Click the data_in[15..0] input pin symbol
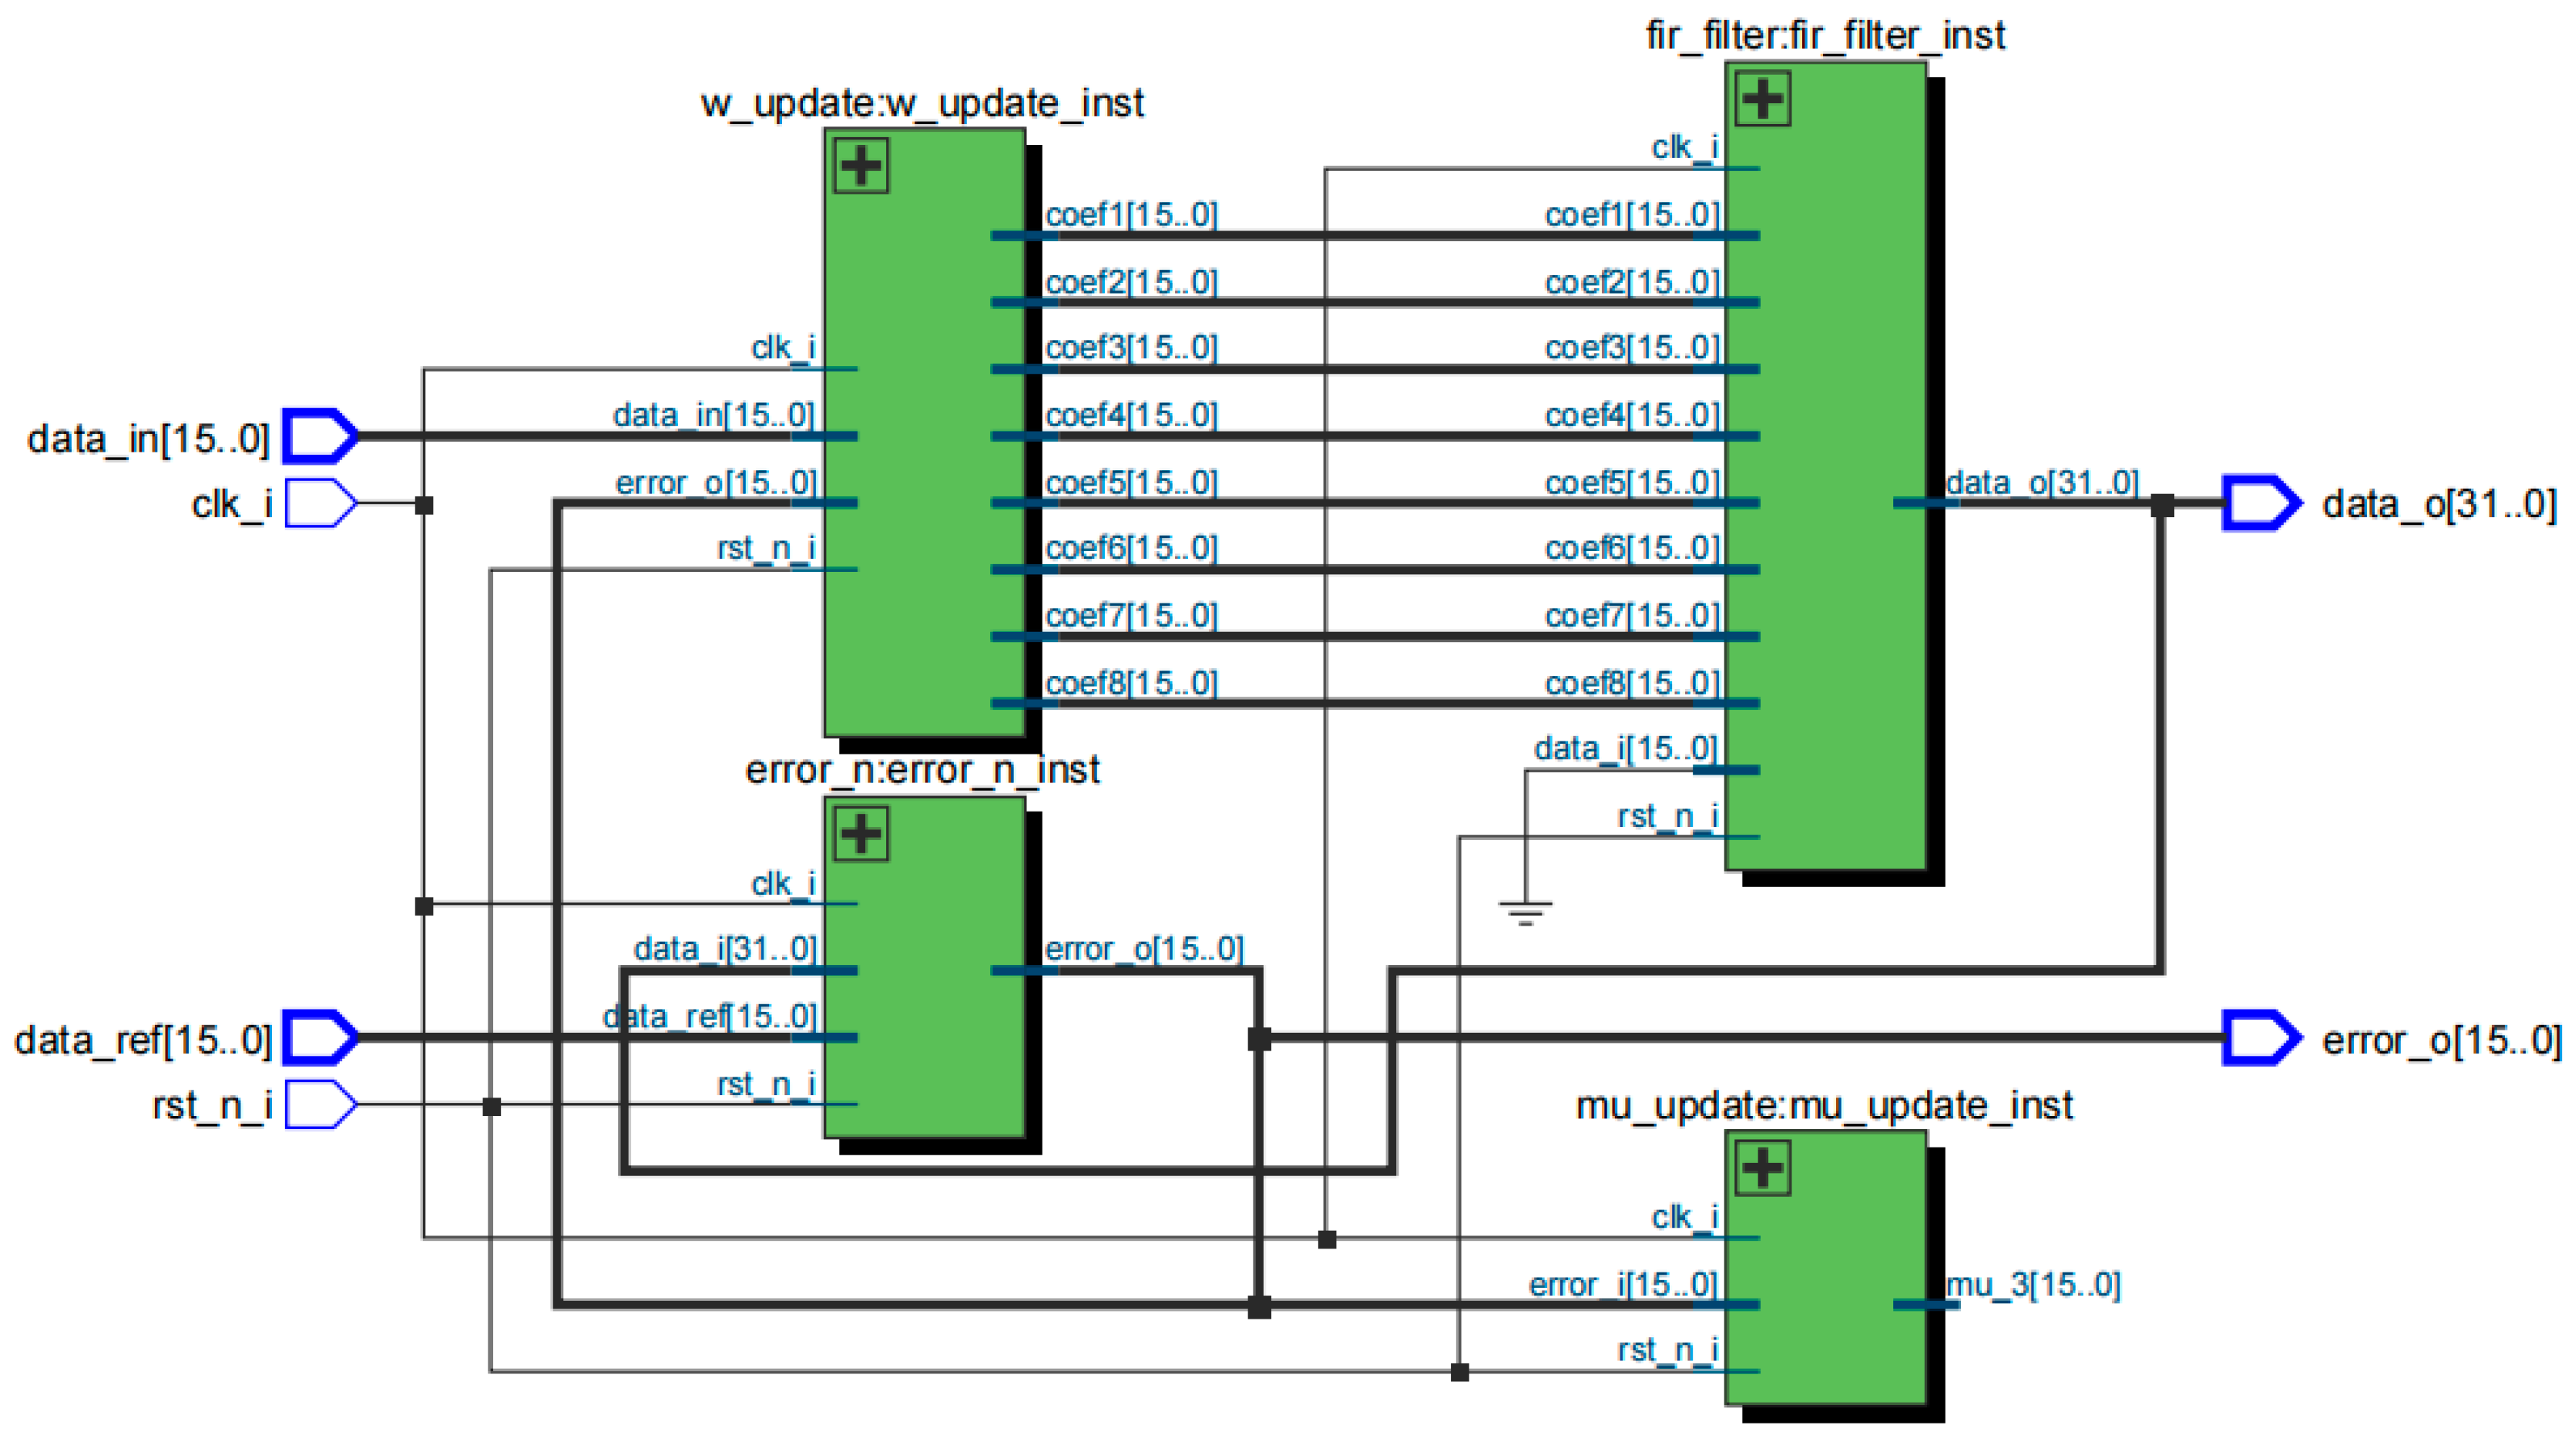[x=320, y=436]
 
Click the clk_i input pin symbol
[x=320, y=503]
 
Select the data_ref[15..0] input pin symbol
[x=320, y=1037]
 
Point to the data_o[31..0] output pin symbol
[x=2260, y=503]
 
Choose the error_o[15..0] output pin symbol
[x=2260, y=1037]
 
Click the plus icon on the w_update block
[x=861, y=166]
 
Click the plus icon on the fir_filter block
[x=1762, y=98]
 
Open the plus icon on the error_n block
[x=861, y=834]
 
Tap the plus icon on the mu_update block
[x=1762, y=1167]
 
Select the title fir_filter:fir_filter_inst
[x=1825, y=36]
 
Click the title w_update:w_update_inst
[x=922, y=104]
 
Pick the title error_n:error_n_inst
[x=922, y=770]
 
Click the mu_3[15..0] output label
[x=2033, y=1284]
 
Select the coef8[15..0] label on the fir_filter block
[x=1631, y=683]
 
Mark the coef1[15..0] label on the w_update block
[x=1130, y=214]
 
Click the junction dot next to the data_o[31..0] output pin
[x=2162, y=505]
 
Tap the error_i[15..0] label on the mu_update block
[x=1623, y=1284]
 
